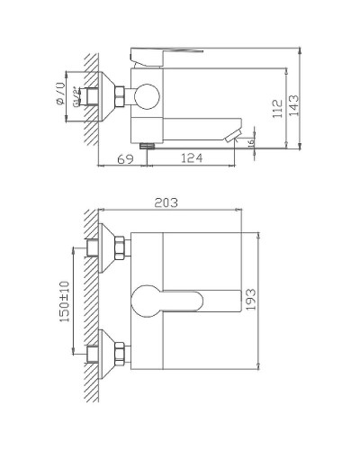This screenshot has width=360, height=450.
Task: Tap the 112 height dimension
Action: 278,108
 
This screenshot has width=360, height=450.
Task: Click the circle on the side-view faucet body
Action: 146,96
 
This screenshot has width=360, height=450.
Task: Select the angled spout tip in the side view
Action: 235,135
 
